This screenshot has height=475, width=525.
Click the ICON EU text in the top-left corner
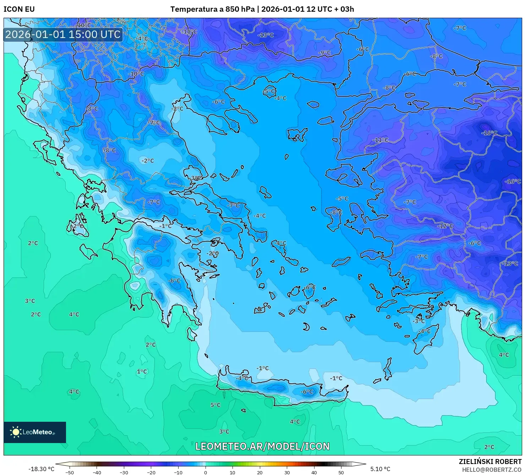click(x=19, y=9)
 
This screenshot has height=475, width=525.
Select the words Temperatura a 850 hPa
click(x=212, y=9)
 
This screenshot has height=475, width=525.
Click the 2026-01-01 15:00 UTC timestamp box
click(x=63, y=34)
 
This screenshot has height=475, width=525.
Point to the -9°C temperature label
click(x=324, y=53)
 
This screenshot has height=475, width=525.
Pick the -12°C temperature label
click(x=445, y=226)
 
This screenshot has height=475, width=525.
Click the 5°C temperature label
click(x=215, y=405)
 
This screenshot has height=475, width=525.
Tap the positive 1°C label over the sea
click(x=142, y=371)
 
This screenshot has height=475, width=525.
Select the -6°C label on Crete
click(x=307, y=392)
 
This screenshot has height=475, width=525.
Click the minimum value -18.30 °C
click(x=42, y=469)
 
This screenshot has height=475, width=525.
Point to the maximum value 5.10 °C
click(x=380, y=469)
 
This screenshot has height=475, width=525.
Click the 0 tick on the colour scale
click(x=206, y=472)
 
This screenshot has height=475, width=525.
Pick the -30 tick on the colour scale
click(x=124, y=472)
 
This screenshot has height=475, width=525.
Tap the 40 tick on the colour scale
click(x=314, y=472)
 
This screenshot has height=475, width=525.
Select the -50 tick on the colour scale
click(x=70, y=472)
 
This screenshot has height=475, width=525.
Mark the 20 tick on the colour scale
click(x=260, y=472)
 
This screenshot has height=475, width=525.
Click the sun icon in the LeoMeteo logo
click(x=16, y=432)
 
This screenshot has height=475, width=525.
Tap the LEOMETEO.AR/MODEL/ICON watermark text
click(x=262, y=446)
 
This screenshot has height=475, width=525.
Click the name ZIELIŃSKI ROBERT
click(x=490, y=462)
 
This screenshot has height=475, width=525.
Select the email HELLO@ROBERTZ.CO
click(x=492, y=470)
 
